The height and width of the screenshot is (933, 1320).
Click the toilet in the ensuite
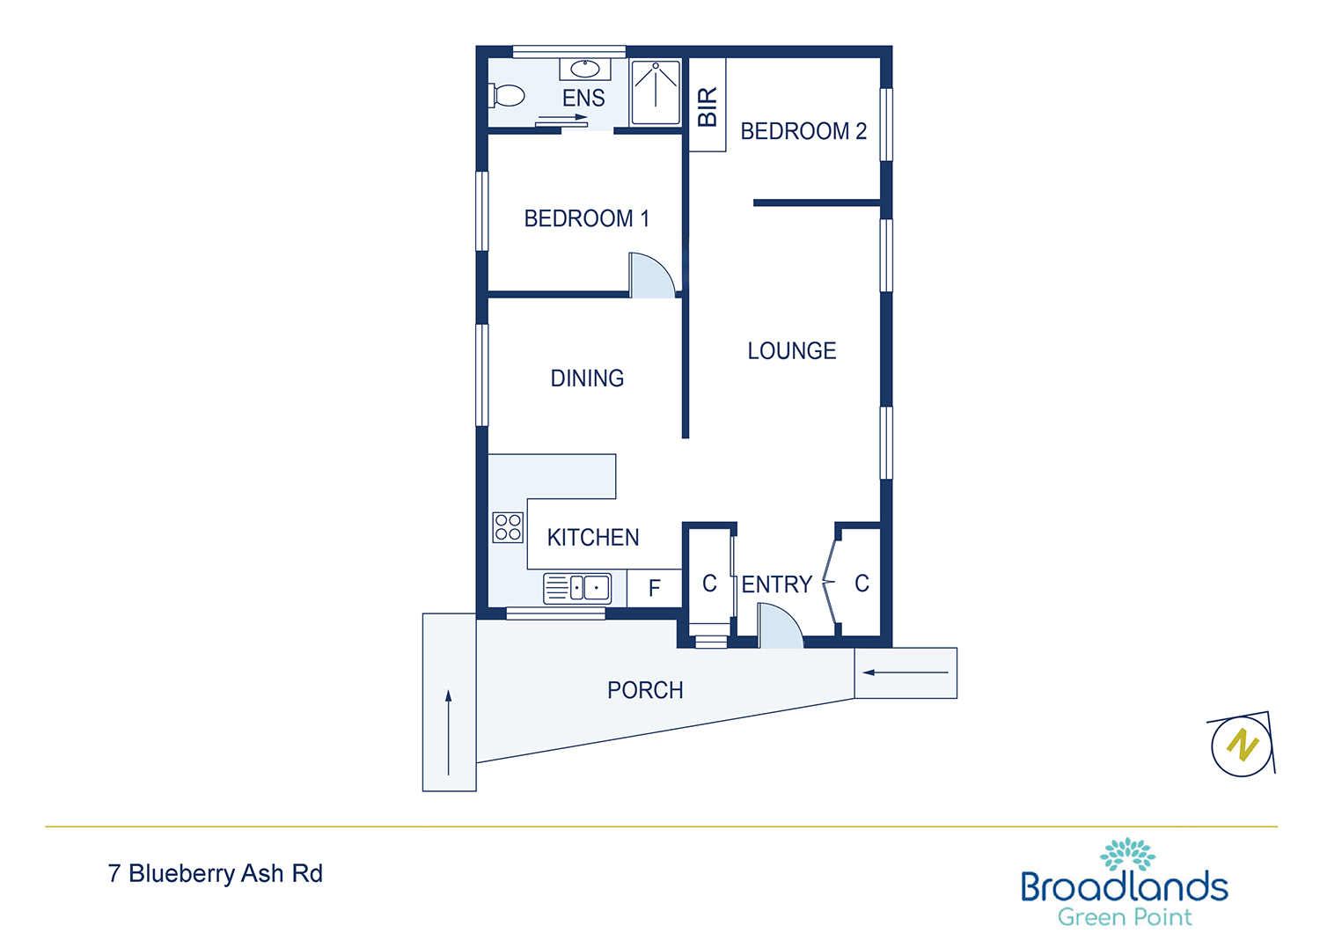tap(507, 95)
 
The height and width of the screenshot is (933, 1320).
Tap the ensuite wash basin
tap(584, 69)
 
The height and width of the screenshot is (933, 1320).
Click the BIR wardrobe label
tap(708, 107)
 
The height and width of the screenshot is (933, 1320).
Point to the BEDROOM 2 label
tap(803, 131)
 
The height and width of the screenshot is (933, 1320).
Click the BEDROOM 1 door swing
tap(652, 275)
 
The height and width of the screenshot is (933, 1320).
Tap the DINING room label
tap(587, 378)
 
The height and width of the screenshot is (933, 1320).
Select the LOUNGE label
tap(791, 350)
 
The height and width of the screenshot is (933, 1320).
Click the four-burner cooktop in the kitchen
tap(508, 527)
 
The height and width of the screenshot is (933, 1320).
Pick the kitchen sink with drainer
tap(577, 588)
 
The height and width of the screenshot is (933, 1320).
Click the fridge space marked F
tap(654, 588)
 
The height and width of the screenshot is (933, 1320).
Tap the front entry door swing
tap(780, 625)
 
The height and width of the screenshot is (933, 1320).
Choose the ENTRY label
tap(777, 584)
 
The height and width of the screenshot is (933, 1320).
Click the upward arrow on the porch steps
tap(449, 732)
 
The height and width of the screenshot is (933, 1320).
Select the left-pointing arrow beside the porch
tap(905, 672)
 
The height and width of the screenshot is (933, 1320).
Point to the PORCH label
tap(645, 690)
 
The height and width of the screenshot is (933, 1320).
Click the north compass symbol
tap(1242, 745)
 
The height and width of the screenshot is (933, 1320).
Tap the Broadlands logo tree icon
tap(1126, 854)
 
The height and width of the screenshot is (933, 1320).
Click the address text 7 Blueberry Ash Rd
tap(216, 873)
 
